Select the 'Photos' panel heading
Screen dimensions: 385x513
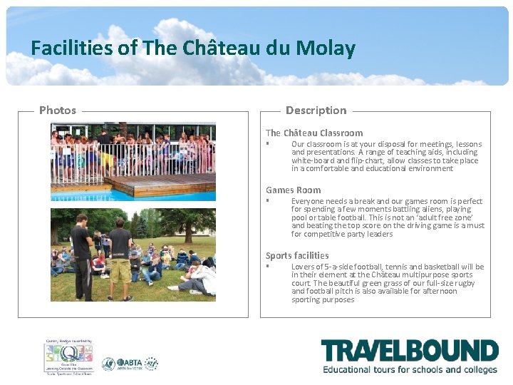tap(58, 110)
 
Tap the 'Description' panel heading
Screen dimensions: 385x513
tap(316, 110)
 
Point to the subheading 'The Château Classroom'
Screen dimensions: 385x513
tap(314, 133)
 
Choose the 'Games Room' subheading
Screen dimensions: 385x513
tap(294, 190)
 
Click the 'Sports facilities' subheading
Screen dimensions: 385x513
tap(297, 255)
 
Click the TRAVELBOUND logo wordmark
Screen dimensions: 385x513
tap(409, 351)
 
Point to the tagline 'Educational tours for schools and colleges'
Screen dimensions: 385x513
tap(410, 369)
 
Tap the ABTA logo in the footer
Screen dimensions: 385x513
tap(130, 364)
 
